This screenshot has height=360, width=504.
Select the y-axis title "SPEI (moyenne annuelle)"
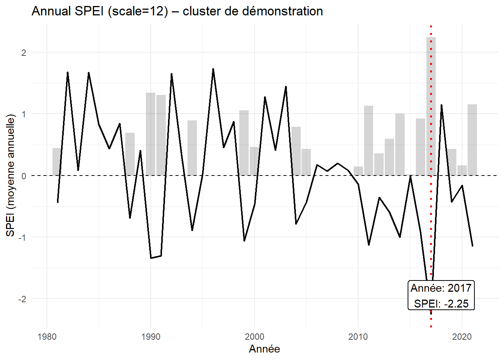pyautogui.click(x=10, y=175)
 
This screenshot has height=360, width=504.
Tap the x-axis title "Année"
pyautogui.click(x=264, y=349)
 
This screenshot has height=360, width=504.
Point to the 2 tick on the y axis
pyautogui.click(x=24, y=52)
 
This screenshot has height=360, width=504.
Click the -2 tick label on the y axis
pyautogui.click(x=22, y=299)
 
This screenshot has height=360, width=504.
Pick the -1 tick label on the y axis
pyautogui.click(x=22, y=237)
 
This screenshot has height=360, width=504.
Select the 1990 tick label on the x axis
pyautogui.click(x=151, y=337)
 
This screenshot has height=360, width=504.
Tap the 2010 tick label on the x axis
pyautogui.click(x=358, y=337)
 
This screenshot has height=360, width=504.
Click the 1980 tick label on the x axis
pyautogui.click(x=47, y=337)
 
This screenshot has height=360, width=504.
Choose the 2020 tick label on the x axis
pyautogui.click(x=462, y=337)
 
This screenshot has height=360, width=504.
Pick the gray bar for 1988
pyautogui.click(x=130, y=154)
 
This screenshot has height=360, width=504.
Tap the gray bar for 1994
pyautogui.click(x=192, y=148)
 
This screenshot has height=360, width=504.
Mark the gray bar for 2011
pyautogui.click(x=369, y=141)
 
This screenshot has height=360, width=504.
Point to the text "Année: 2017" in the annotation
pyautogui.click(x=441, y=288)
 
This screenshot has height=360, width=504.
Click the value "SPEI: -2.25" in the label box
pyautogui.click(x=441, y=303)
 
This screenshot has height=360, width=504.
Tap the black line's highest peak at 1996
pyautogui.click(x=213, y=69)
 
